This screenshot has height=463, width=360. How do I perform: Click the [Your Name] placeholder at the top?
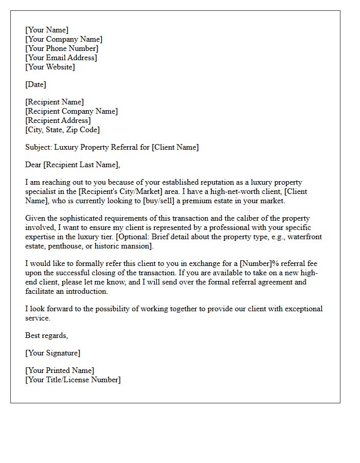pos(47,30)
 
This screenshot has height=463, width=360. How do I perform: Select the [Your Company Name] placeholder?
pos(64,39)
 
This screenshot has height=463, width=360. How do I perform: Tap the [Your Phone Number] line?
pos(62,48)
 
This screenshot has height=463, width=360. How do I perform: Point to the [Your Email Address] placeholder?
pos(61,58)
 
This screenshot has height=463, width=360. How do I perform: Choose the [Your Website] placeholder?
pos(50,67)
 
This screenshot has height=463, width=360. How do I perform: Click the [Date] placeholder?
pos(35,84)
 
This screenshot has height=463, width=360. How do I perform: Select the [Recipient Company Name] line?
pos(71,111)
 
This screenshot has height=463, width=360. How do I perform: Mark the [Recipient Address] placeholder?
pos(58,120)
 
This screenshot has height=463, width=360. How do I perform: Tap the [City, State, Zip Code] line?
pos(63,130)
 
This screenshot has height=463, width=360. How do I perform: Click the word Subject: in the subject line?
pos(39,147)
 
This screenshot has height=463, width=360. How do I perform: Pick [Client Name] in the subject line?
pos(174,147)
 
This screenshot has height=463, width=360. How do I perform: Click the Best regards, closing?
pos(46,335)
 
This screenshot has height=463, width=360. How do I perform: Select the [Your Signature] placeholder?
pos(52,353)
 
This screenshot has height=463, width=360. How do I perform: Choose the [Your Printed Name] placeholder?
pos(60,370)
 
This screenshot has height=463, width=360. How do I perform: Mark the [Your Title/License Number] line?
pos(73,380)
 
